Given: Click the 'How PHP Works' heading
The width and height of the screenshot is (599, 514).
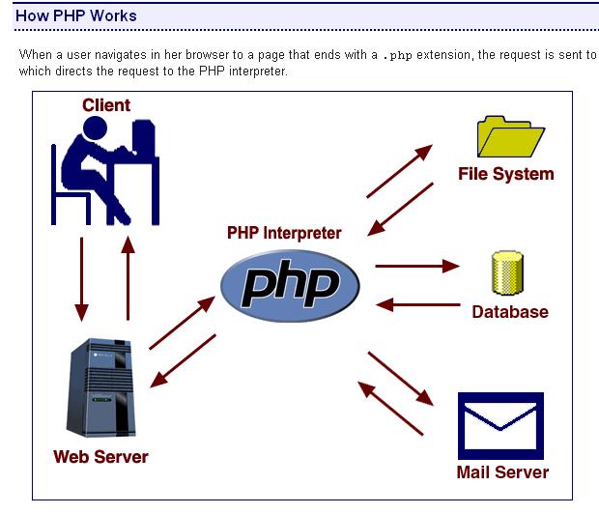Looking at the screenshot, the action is point(76,15).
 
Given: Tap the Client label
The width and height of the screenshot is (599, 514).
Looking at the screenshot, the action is point(106,105).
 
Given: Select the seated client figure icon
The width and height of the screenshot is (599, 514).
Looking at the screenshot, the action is point(102,169).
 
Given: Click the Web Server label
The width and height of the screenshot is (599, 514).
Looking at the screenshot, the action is point(100,456).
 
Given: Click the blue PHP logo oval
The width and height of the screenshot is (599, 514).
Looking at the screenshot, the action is point(290,283).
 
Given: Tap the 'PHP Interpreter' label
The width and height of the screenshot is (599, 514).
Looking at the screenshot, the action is point(284,233).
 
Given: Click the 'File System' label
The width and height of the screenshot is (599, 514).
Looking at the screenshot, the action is point(505,174).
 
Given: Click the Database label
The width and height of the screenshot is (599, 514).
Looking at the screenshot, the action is point(510,312).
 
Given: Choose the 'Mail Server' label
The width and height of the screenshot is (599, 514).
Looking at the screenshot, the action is point(502,472).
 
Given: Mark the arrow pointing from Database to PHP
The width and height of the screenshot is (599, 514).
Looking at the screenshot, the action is point(416,305).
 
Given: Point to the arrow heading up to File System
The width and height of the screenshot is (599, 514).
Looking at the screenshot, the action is point(399,171).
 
